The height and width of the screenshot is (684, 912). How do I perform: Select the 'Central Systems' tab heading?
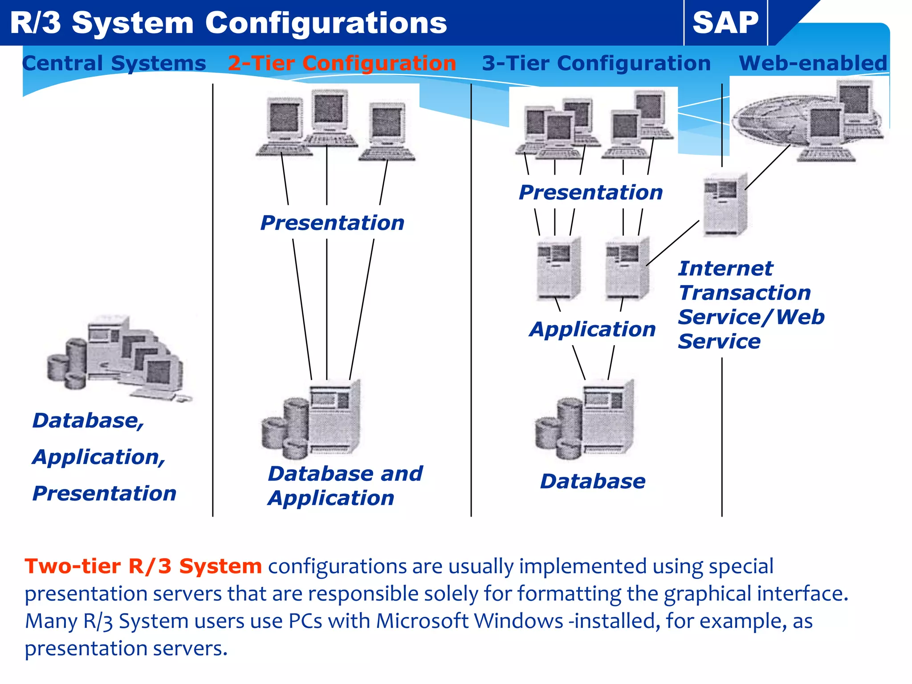pos(114,63)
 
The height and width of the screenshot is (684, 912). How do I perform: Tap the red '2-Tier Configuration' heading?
pos(342,63)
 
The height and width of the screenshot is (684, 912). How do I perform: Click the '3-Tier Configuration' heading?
pos(596,63)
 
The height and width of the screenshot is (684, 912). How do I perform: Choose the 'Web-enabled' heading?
pos(813,63)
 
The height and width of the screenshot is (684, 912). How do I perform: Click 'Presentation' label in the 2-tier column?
pos(332,223)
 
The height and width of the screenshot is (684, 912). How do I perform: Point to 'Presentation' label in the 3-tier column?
pos(590,192)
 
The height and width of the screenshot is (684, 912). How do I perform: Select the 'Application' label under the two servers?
pos(592,329)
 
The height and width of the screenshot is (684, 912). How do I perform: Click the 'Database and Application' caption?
pos(345,485)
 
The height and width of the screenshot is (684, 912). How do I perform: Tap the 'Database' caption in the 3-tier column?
pos(592,481)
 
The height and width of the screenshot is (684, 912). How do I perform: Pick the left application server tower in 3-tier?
pos(558,269)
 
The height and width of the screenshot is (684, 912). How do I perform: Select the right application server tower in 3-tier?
pos(627,269)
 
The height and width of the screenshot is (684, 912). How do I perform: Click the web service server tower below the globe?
pos(725,205)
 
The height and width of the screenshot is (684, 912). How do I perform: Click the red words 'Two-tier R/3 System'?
pos(143,566)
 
